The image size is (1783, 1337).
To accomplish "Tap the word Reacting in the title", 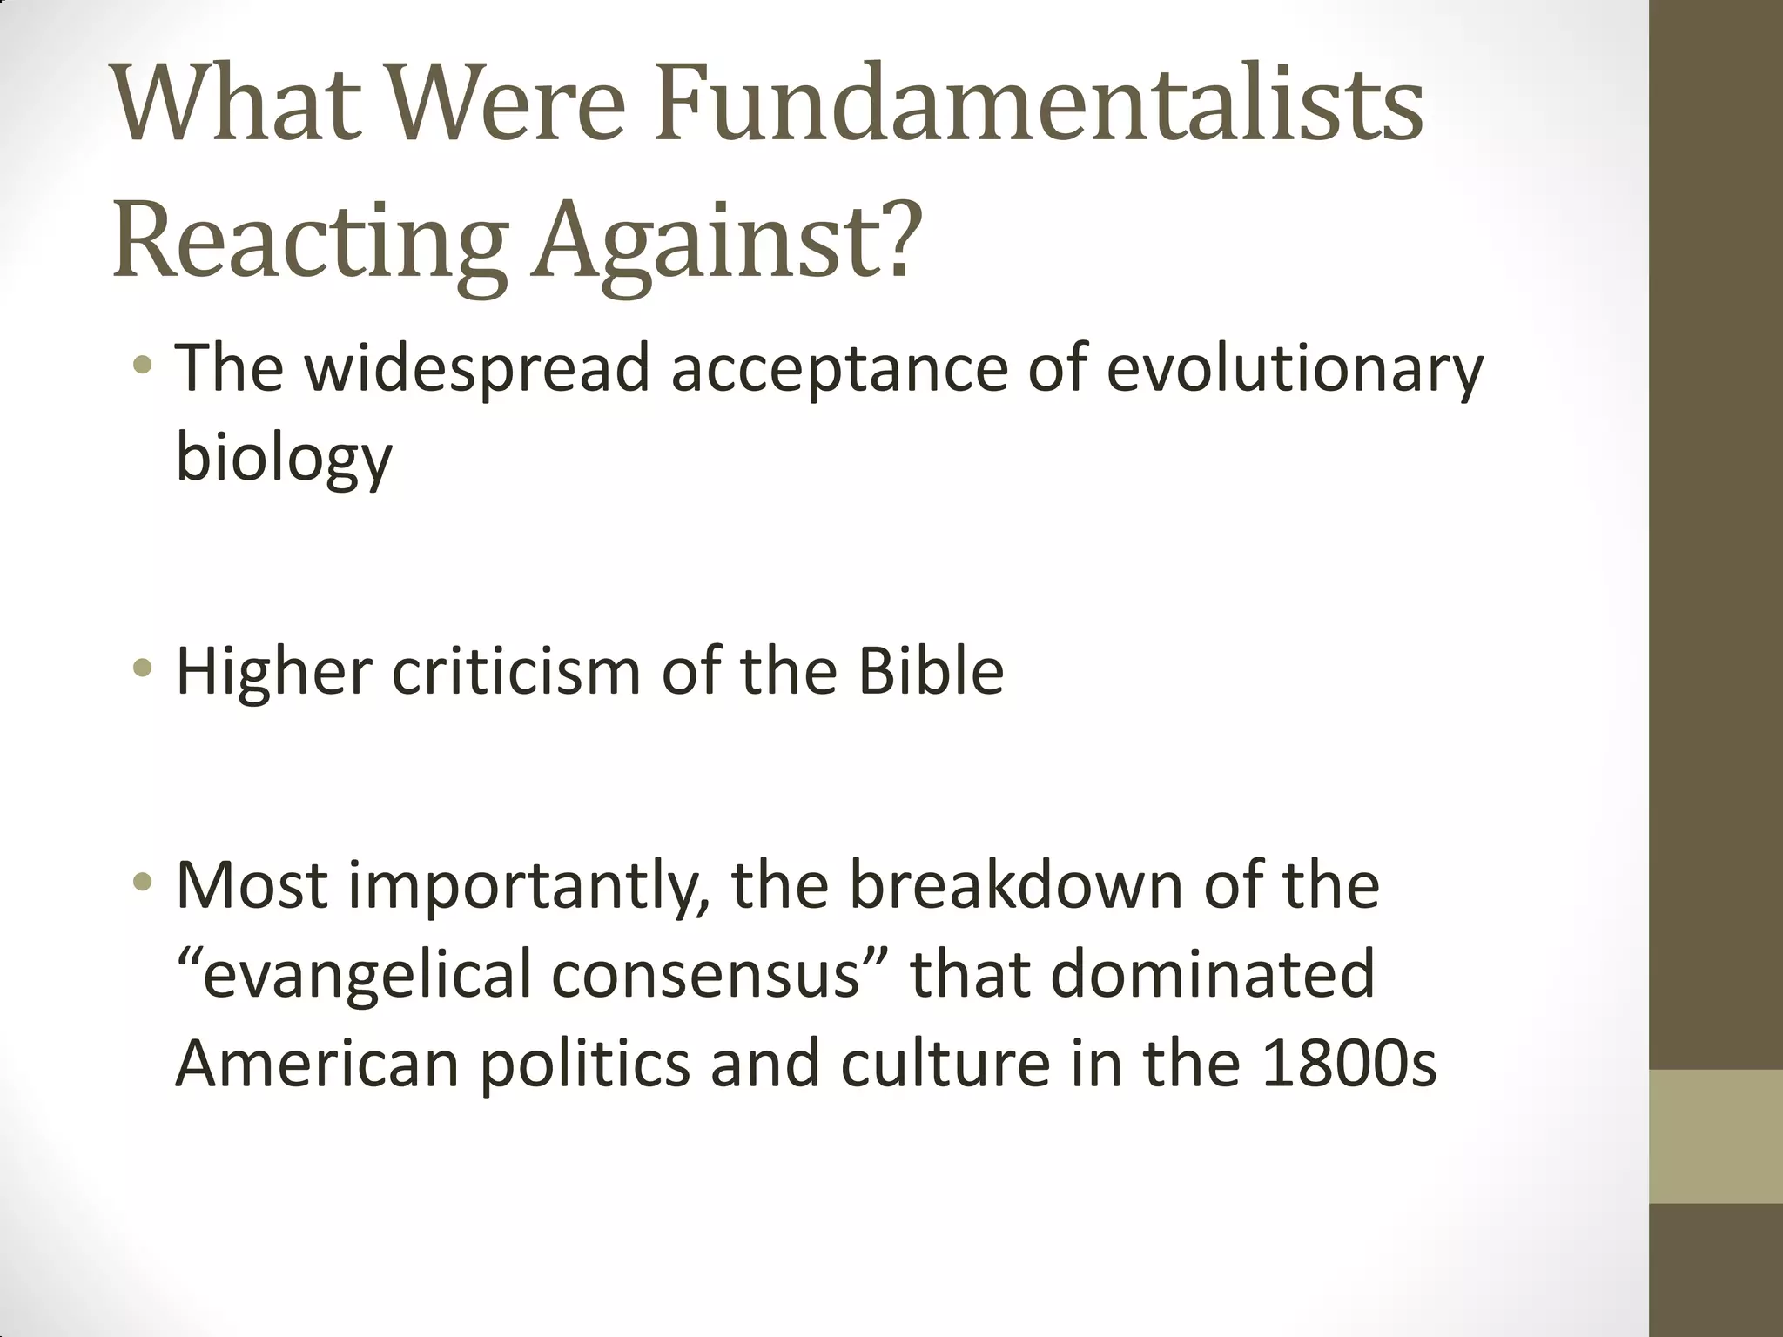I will pyautogui.click(x=310, y=237).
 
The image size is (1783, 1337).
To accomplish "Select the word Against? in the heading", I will pyautogui.click(x=727, y=237).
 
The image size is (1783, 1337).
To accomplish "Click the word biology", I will pyautogui.click(x=284, y=457).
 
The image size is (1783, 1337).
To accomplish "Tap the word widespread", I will pyautogui.click(x=477, y=367).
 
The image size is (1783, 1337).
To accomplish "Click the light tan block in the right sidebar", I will pyautogui.click(x=1716, y=1136).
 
